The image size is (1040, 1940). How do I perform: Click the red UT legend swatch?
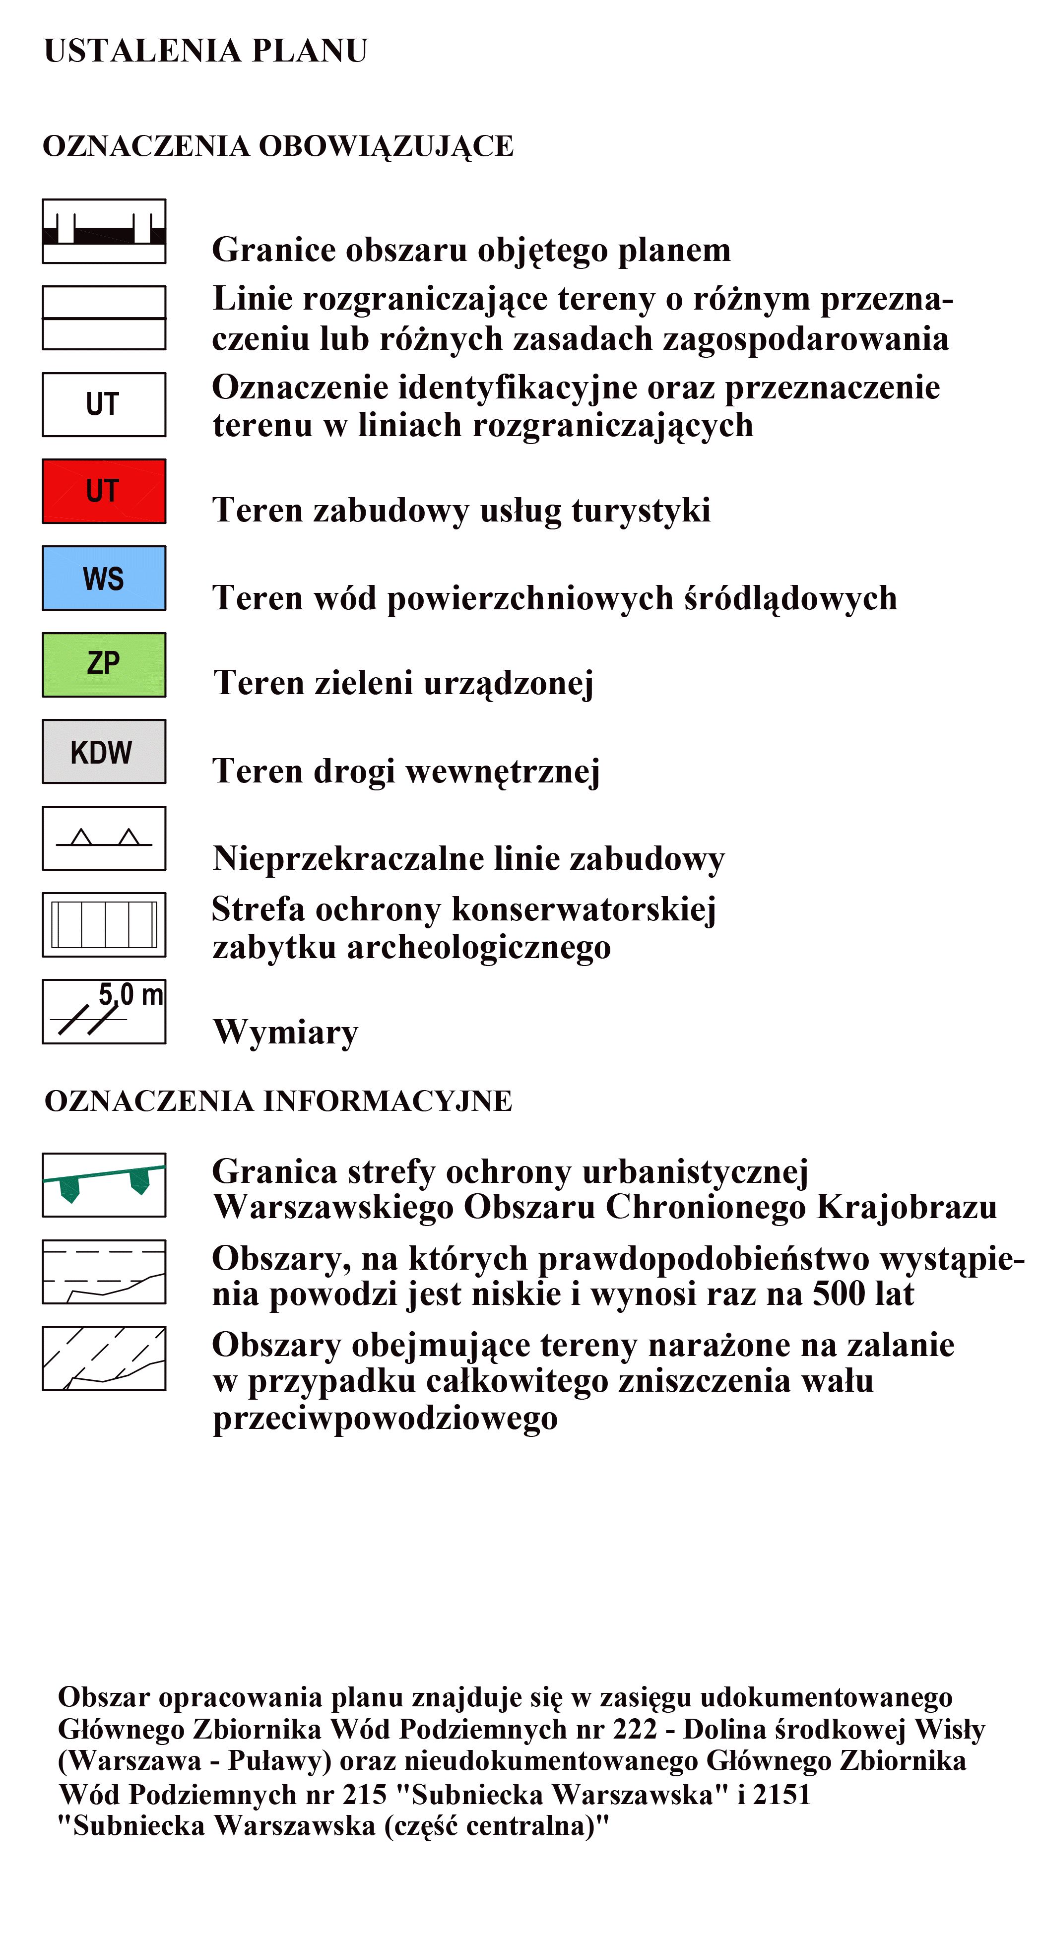tap(104, 491)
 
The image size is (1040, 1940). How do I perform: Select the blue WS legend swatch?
tap(104, 578)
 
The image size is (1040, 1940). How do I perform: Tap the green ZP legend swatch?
tap(104, 664)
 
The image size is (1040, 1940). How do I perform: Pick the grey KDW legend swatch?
tap(104, 752)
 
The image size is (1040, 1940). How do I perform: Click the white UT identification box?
tap(104, 404)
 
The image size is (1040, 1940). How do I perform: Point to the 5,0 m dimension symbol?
tap(104, 1011)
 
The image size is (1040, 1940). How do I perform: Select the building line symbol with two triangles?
tap(104, 838)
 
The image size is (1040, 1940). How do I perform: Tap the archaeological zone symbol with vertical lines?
tap(104, 925)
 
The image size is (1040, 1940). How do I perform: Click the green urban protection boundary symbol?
tap(104, 1185)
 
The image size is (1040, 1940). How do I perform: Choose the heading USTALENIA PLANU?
tap(205, 51)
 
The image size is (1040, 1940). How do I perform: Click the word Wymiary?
tap(285, 1032)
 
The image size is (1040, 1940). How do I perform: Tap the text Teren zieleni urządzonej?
tap(404, 684)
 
